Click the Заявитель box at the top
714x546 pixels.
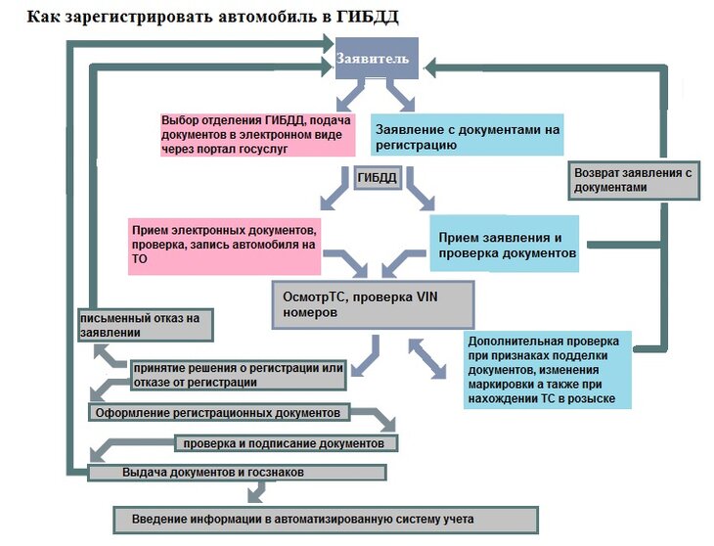pos(378,60)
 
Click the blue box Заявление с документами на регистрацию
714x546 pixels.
pos(468,137)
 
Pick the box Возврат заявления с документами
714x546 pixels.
pos(633,180)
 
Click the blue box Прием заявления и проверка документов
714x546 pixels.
pos(504,245)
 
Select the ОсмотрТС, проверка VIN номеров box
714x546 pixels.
pos(372,303)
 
